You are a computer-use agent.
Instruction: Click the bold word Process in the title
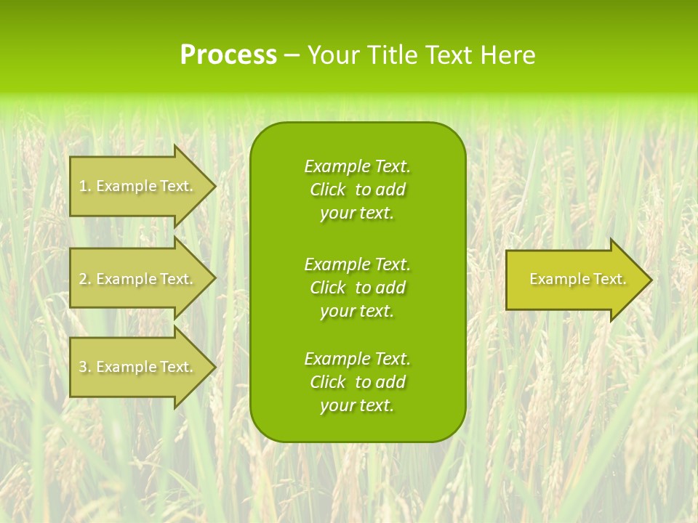pyautogui.click(x=228, y=55)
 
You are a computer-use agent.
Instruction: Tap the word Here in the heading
pyautogui.click(x=508, y=55)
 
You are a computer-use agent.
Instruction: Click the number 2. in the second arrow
pyautogui.click(x=84, y=279)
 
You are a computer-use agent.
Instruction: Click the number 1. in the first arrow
pyautogui.click(x=84, y=186)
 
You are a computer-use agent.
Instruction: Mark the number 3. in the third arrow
pyautogui.click(x=84, y=367)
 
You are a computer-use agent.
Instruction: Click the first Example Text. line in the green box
pyautogui.click(x=357, y=166)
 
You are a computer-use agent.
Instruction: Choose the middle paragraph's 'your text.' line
pyautogui.click(x=357, y=311)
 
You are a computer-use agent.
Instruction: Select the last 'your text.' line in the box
pyautogui.click(x=357, y=405)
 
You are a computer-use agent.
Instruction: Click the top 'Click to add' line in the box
pyautogui.click(x=357, y=190)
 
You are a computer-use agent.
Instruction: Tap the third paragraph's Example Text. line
pyautogui.click(x=357, y=359)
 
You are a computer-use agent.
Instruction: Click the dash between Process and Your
pyautogui.click(x=292, y=56)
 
